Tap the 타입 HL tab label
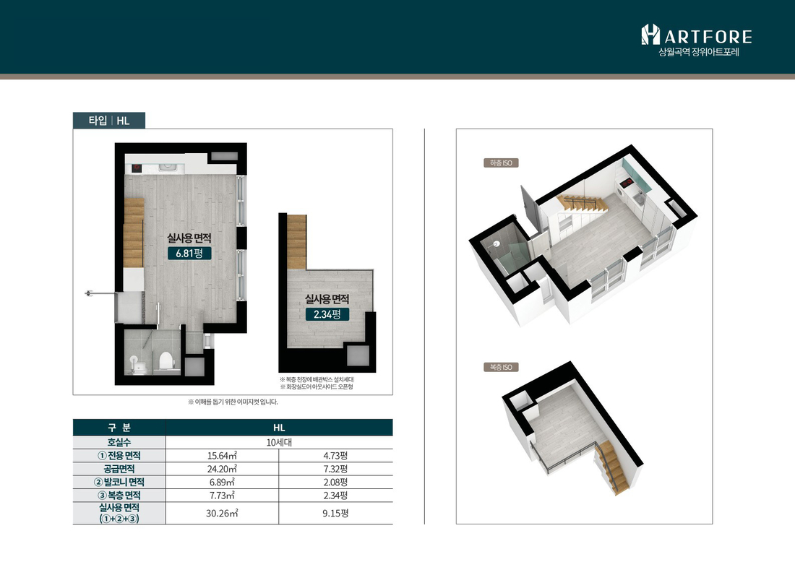click(109, 121)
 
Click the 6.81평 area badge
click(189, 253)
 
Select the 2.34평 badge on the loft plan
click(327, 314)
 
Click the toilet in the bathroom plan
click(166, 361)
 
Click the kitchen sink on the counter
click(167, 167)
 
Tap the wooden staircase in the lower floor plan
click(134, 233)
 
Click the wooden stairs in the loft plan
click(297, 242)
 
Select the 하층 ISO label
click(501, 163)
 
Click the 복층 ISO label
click(501, 368)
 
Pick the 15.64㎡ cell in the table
click(222, 456)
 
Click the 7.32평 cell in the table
click(335, 469)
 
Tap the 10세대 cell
click(279, 442)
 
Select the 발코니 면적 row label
click(119, 482)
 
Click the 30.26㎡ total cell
click(222, 514)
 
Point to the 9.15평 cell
click(335, 514)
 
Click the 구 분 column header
click(119, 428)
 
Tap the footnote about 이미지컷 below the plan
click(233, 402)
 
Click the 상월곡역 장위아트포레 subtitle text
click(699, 52)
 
